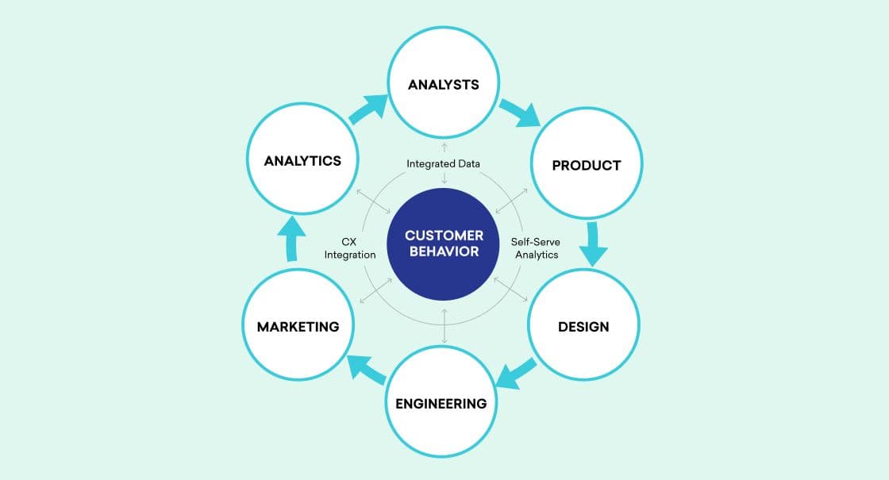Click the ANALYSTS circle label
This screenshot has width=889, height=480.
pyautogui.click(x=444, y=83)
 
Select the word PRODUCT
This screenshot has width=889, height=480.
pyautogui.click(x=586, y=165)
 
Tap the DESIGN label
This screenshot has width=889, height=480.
pyautogui.click(x=583, y=326)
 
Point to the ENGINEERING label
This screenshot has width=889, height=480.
pyautogui.click(x=441, y=403)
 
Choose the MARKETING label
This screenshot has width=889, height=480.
pyautogui.click(x=298, y=326)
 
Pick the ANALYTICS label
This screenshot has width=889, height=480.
pyautogui.click(x=302, y=160)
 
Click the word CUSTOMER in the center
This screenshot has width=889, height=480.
pyautogui.click(x=444, y=236)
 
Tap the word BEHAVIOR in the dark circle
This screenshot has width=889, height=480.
pyautogui.click(x=444, y=252)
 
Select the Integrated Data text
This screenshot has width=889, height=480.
pyautogui.click(x=444, y=163)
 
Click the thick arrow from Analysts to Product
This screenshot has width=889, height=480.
pyautogui.click(x=520, y=112)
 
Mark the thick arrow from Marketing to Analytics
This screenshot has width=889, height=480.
pyautogui.click(x=291, y=244)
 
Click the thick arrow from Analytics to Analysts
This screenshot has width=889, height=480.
pyautogui.click(x=369, y=110)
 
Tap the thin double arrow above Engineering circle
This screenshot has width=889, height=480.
pyautogui.click(x=444, y=325)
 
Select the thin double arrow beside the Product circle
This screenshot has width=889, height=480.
pyautogui.click(x=509, y=202)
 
